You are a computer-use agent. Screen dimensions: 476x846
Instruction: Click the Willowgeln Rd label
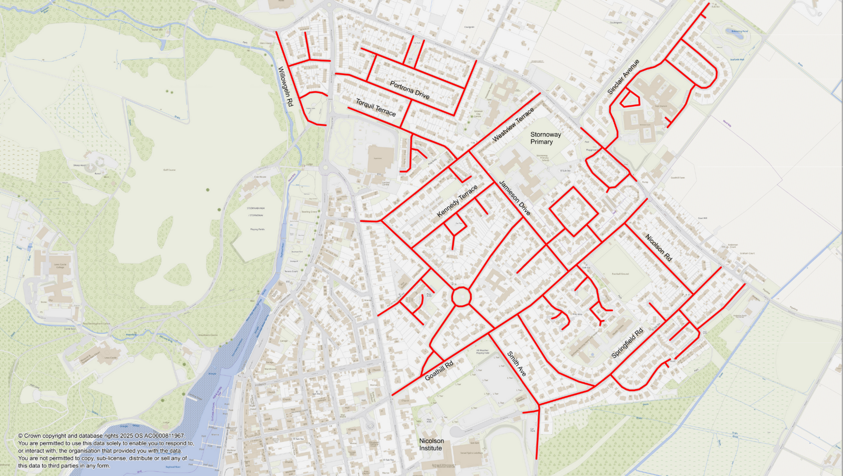[285, 87]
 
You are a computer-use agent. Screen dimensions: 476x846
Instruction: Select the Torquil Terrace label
[375, 108]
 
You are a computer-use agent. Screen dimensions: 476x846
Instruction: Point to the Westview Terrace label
[513, 124]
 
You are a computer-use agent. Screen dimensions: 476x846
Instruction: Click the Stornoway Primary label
[545, 138]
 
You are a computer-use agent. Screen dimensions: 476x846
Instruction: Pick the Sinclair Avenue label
[623, 77]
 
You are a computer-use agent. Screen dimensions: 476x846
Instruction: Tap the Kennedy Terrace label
[457, 201]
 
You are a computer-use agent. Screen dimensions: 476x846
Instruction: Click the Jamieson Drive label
[514, 198]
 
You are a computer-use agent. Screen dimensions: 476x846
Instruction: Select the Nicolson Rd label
[658, 248]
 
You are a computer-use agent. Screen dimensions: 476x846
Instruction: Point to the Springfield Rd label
[627, 343]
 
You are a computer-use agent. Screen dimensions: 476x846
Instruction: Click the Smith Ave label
[516, 364]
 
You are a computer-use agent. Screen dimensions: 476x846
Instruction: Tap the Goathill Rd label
[439, 370]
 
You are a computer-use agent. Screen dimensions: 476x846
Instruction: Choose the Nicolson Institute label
[431, 445]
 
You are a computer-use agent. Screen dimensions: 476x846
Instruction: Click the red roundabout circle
[461, 297]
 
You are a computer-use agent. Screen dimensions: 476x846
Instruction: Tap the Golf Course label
[169, 170]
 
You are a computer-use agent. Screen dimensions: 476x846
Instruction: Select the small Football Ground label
[620, 274]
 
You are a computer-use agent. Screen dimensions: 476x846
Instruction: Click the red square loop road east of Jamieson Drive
[573, 212]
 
